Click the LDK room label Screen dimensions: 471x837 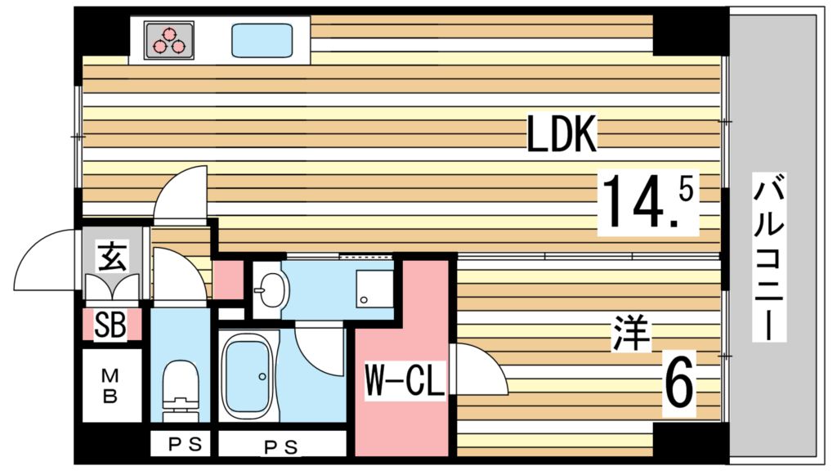click(x=562, y=135)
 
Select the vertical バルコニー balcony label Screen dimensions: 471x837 click(x=768, y=258)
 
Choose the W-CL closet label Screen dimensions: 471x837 click(x=403, y=381)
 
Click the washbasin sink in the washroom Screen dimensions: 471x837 click(x=269, y=289)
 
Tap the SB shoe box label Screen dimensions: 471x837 click(x=110, y=325)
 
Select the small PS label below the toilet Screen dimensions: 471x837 click(x=180, y=446)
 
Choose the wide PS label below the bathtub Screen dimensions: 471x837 click(x=280, y=446)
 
